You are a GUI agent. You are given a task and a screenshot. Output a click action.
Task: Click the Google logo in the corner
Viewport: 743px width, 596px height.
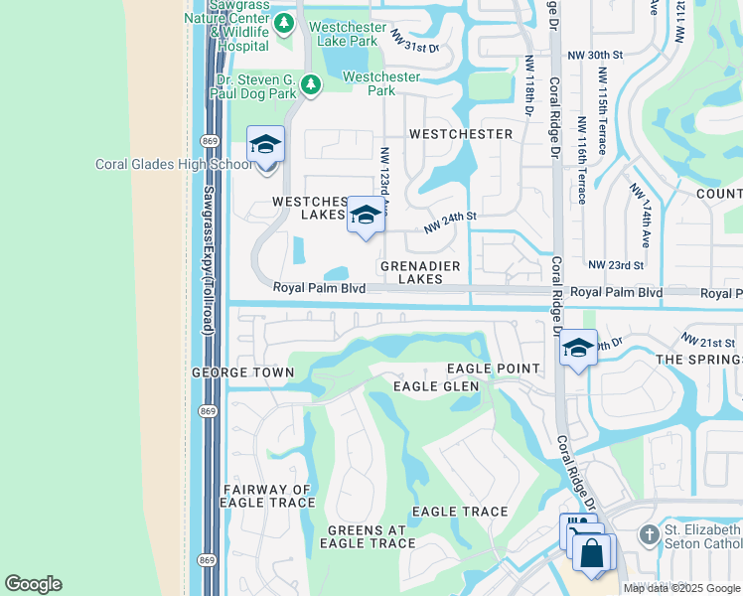(x=33, y=584)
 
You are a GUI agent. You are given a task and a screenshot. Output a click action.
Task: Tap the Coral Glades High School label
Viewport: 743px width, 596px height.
(x=174, y=165)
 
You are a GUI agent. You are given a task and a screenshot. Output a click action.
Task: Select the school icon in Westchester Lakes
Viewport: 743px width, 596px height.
(x=366, y=216)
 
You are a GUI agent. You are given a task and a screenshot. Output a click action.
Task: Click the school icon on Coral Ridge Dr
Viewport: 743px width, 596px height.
(x=578, y=349)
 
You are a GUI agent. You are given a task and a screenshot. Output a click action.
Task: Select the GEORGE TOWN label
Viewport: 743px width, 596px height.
(x=243, y=372)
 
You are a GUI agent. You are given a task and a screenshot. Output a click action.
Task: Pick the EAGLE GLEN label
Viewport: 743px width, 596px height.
(x=436, y=386)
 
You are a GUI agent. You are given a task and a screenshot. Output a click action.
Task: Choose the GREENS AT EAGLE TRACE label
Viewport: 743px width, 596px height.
(x=371, y=535)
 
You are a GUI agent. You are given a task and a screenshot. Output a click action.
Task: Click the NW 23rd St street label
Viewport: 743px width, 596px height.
(x=616, y=265)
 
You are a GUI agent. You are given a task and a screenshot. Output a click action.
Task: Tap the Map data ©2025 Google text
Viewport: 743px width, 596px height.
(x=681, y=588)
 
